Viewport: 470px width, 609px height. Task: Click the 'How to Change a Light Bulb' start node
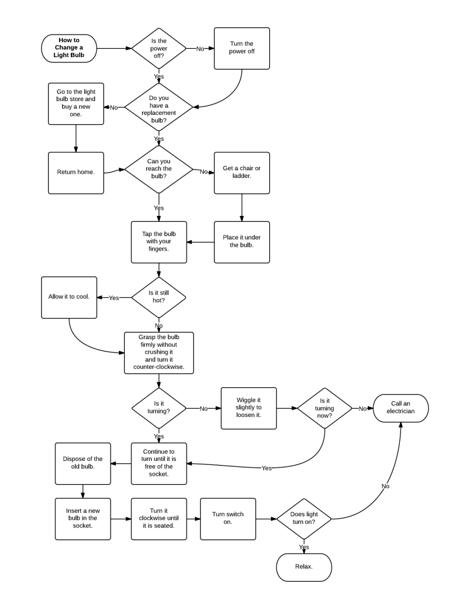pyautogui.click(x=68, y=48)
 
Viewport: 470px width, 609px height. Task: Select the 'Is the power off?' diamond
pyautogui.click(x=159, y=48)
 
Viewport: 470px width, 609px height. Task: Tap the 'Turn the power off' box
pyautogui.click(x=242, y=48)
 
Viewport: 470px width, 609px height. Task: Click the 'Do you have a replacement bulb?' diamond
pyautogui.click(x=159, y=107)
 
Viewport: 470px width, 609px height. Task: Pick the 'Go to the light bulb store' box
pyautogui.click(x=76, y=103)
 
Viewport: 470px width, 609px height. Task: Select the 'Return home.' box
pyautogui.click(x=76, y=172)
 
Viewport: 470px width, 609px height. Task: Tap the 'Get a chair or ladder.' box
pyautogui.click(x=242, y=172)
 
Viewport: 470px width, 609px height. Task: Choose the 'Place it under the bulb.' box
pyautogui.click(x=242, y=242)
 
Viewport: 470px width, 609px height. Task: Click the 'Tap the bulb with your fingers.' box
pyautogui.click(x=159, y=242)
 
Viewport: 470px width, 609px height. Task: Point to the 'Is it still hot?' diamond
pyautogui.click(x=159, y=297)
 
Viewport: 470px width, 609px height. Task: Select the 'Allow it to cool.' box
pyautogui.click(x=69, y=297)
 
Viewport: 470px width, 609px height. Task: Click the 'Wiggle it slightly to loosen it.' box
pyautogui.click(x=248, y=408)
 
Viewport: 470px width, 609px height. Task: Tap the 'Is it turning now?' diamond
pyautogui.click(x=325, y=408)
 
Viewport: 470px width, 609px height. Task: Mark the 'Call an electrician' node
pyautogui.click(x=401, y=408)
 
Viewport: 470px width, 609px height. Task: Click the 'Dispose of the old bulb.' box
pyautogui.click(x=83, y=463)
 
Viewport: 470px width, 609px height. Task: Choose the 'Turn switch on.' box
pyautogui.click(x=228, y=519)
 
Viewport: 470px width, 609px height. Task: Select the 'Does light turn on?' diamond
pyautogui.click(x=304, y=519)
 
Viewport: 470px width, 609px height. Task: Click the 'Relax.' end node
pyautogui.click(x=304, y=567)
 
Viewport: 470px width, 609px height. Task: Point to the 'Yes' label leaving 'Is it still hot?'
pyautogui.click(x=113, y=297)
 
